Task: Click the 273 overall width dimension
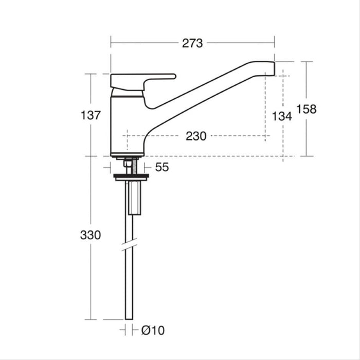pyautogui.click(x=192, y=43)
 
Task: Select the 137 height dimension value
pyautogui.click(x=91, y=115)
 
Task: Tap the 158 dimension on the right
pyautogui.click(x=307, y=109)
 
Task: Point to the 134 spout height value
pyautogui.click(x=282, y=116)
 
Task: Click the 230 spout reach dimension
pyautogui.click(x=196, y=136)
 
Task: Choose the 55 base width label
pyautogui.click(x=162, y=167)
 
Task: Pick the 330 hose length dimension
pyautogui.click(x=91, y=235)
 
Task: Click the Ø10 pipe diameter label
pyautogui.click(x=152, y=330)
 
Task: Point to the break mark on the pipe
pyautogui.click(x=129, y=245)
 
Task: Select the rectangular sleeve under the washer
pyautogui.click(x=135, y=198)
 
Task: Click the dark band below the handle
pyautogui.click(x=127, y=93)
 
